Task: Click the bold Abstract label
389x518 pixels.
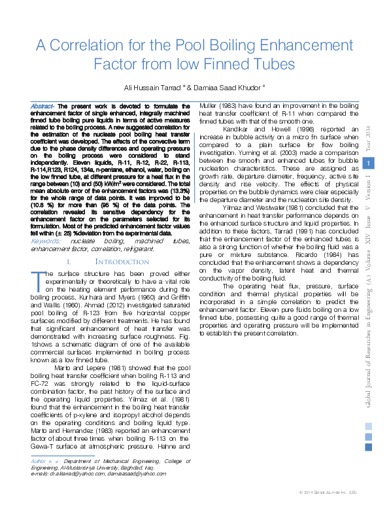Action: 42,105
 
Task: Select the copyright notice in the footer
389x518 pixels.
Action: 328,491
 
